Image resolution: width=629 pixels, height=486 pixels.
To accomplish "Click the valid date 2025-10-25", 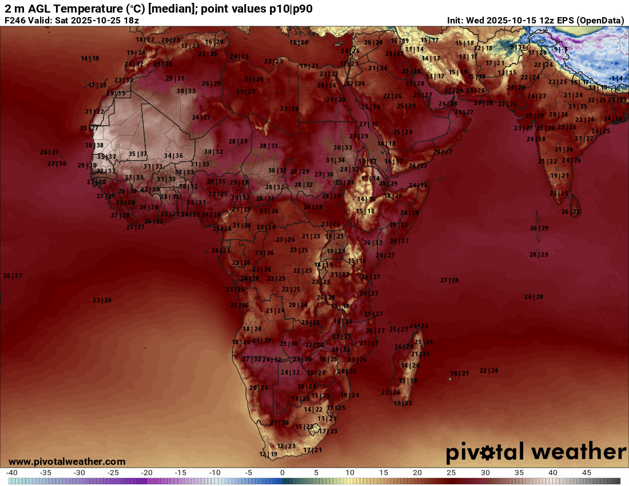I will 95,21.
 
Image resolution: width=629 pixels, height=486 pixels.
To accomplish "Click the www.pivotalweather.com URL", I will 67,461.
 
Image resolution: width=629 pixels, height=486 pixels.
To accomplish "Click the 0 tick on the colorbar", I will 282,473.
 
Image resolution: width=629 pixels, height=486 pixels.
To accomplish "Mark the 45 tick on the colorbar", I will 587,473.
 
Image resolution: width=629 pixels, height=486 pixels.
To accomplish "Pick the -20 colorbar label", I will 147,473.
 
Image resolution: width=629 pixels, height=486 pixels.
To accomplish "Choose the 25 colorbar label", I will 451,473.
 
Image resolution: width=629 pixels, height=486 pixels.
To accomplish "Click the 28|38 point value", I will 94,146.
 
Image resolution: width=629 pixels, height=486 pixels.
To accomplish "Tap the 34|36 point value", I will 173,156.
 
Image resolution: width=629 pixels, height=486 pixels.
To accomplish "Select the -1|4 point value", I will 616,78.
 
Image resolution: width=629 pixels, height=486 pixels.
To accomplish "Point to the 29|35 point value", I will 116,93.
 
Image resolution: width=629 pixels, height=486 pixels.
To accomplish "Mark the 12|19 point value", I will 268,454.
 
